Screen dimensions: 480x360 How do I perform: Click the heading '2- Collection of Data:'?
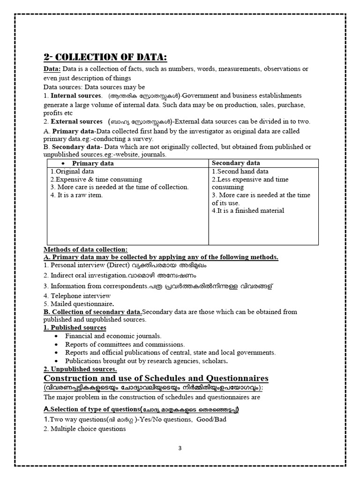[105, 57]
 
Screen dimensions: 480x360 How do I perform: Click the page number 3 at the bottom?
[180, 448]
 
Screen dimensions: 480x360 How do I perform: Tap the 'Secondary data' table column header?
[236, 163]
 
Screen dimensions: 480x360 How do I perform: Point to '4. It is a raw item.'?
[76, 195]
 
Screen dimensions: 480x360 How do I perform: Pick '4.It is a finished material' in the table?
[248, 210]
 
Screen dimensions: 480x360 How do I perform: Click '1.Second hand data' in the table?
[240, 172]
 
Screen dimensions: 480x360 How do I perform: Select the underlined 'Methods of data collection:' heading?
[85, 249]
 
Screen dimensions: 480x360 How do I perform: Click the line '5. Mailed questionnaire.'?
[80, 304]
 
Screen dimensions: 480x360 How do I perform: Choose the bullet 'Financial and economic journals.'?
[113, 336]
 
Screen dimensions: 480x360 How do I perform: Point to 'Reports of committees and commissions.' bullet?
[125, 344]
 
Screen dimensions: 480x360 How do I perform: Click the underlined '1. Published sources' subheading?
[75, 328]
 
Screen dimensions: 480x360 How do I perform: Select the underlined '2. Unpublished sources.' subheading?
[79, 369]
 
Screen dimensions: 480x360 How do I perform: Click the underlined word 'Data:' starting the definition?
[52, 69]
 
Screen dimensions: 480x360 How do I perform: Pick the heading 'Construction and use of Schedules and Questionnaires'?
[156, 378]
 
